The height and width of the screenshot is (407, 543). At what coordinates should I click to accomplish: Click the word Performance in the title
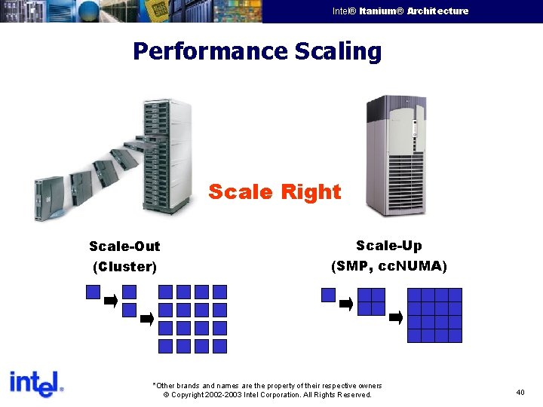pyautogui.click(x=209, y=52)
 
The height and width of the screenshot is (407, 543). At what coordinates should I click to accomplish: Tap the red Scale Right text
pyautogui.click(x=275, y=192)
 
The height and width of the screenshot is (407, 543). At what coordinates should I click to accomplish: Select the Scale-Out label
pyautogui.click(x=124, y=246)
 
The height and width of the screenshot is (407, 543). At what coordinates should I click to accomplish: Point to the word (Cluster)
pyautogui.click(x=124, y=267)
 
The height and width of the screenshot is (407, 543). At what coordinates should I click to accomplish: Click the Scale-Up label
pyautogui.click(x=388, y=246)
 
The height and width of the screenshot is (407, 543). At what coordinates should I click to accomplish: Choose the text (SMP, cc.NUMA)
pyautogui.click(x=388, y=266)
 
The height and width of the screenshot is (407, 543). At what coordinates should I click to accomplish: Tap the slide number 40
pyautogui.click(x=520, y=392)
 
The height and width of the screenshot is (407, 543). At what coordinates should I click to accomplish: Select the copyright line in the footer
pyautogui.click(x=268, y=394)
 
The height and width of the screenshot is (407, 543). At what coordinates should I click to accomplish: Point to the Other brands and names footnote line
pyautogui.click(x=268, y=385)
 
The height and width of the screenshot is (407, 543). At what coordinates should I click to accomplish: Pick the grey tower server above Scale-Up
pyautogui.click(x=395, y=155)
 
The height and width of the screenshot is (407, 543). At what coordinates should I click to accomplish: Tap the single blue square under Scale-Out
pyautogui.click(x=93, y=292)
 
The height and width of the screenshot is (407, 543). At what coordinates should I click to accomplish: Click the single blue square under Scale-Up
pyautogui.click(x=328, y=295)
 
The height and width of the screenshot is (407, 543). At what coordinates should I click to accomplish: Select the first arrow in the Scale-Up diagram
pyautogui.click(x=346, y=304)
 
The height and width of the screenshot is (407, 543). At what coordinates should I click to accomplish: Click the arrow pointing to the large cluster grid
pyautogui.click(x=147, y=319)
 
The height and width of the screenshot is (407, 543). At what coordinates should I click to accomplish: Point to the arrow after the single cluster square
pyautogui.click(x=111, y=301)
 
